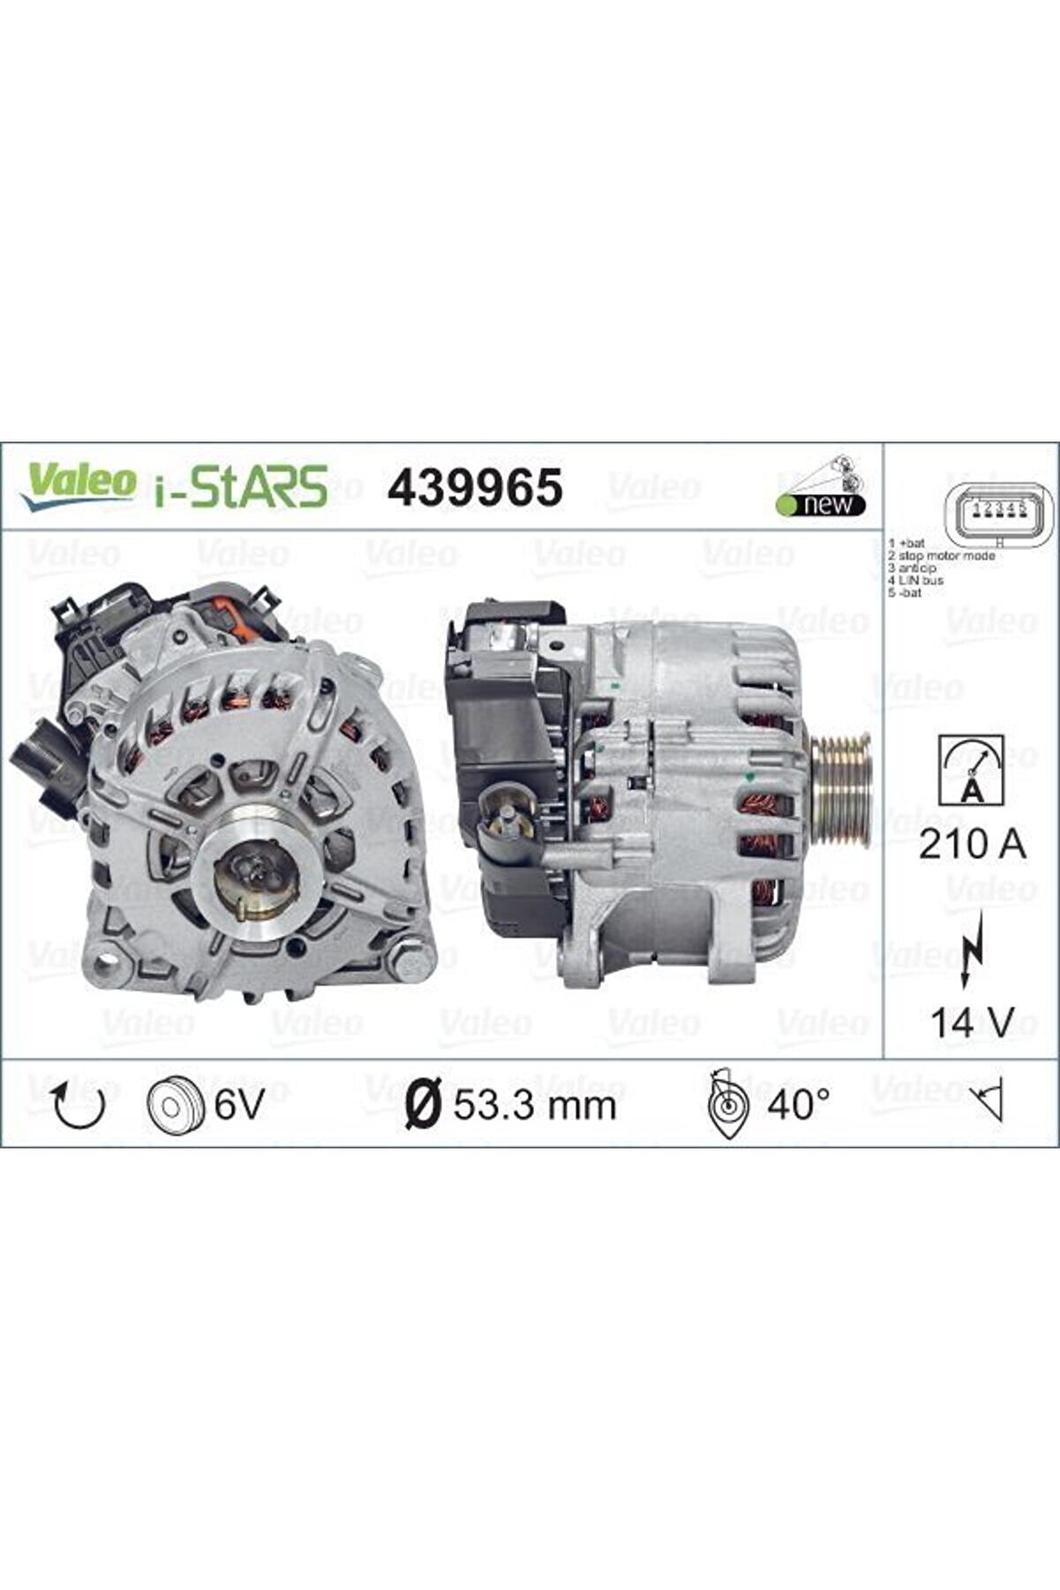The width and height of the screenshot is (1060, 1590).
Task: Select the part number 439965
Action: (x=475, y=486)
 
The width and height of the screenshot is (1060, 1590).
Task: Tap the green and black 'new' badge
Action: (x=821, y=504)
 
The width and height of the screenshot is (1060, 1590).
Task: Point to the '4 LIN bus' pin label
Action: (x=916, y=581)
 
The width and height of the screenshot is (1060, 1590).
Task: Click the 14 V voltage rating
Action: (x=972, y=1022)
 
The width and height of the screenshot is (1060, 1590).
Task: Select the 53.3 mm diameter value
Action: (x=534, y=1104)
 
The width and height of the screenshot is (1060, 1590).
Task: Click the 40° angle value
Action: (x=798, y=1104)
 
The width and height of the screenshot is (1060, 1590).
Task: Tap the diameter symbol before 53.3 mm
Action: (x=422, y=1104)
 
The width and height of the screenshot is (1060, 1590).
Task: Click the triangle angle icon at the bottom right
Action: (x=989, y=1104)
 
